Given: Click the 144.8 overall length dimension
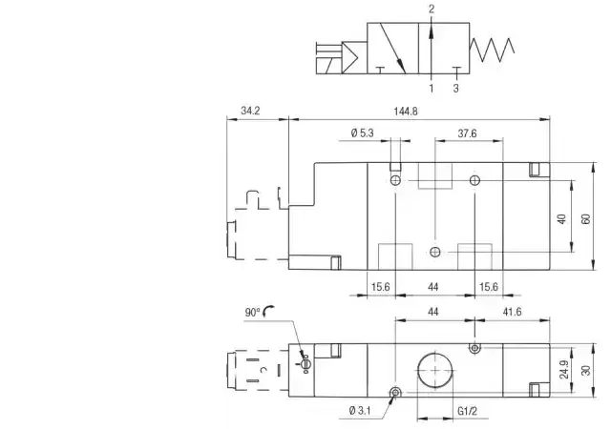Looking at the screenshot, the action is point(406,112).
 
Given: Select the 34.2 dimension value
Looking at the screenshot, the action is point(250,111).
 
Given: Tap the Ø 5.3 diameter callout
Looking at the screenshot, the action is point(362,133).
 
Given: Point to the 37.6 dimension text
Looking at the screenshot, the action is point(467,133).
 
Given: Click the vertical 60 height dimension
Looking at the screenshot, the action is point(585,218).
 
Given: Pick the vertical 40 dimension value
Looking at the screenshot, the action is point(561,218).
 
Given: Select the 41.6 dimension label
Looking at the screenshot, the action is point(512,312).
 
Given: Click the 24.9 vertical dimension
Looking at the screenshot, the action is point(564,370).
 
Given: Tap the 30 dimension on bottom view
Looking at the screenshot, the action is point(585,370).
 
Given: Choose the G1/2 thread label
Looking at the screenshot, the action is point(467,411).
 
